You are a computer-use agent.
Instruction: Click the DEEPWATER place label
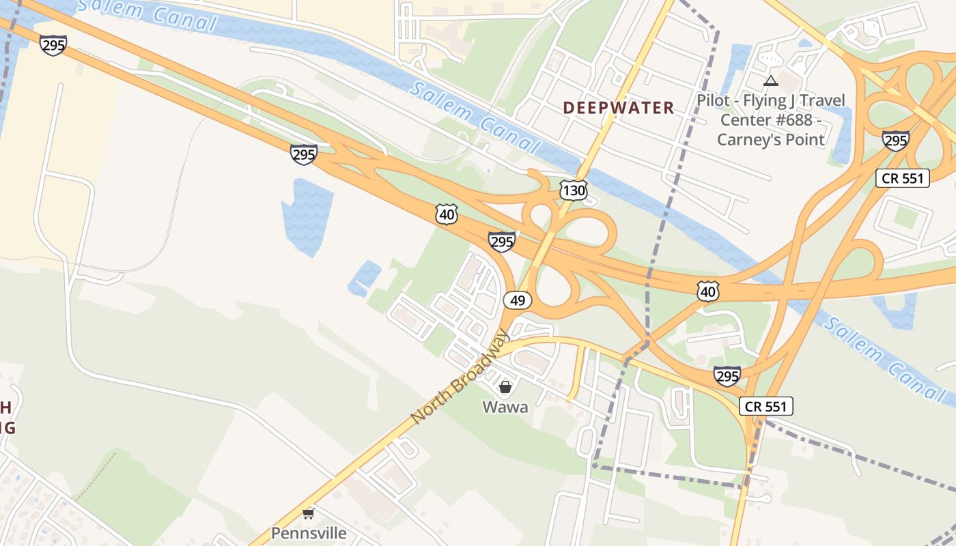coord(619,108)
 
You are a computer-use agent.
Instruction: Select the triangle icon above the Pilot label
coord(771,81)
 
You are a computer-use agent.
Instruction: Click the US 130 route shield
coord(574,190)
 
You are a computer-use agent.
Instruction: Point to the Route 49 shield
coord(518,300)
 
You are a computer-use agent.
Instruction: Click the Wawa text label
coord(505,407)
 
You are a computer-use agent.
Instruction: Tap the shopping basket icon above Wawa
coord(505,388)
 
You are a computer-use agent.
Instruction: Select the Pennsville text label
coord(309,533)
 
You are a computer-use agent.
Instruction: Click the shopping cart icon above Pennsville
coord(309,513)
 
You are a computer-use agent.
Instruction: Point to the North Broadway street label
coord(460,377)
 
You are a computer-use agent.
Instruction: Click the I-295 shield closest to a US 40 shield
coord(502,242)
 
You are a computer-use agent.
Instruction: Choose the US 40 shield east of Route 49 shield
coord(708,291)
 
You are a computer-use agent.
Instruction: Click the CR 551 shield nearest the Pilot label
coord(903,179)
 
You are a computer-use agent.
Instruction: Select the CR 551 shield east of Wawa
coord(766,407)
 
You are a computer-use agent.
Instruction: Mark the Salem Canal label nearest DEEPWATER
coord(476,117)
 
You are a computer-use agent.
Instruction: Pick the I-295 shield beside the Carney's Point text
coord(895,141)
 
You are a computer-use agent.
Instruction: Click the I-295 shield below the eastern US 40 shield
coord(727,375)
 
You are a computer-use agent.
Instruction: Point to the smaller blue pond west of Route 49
coord(365,277)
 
